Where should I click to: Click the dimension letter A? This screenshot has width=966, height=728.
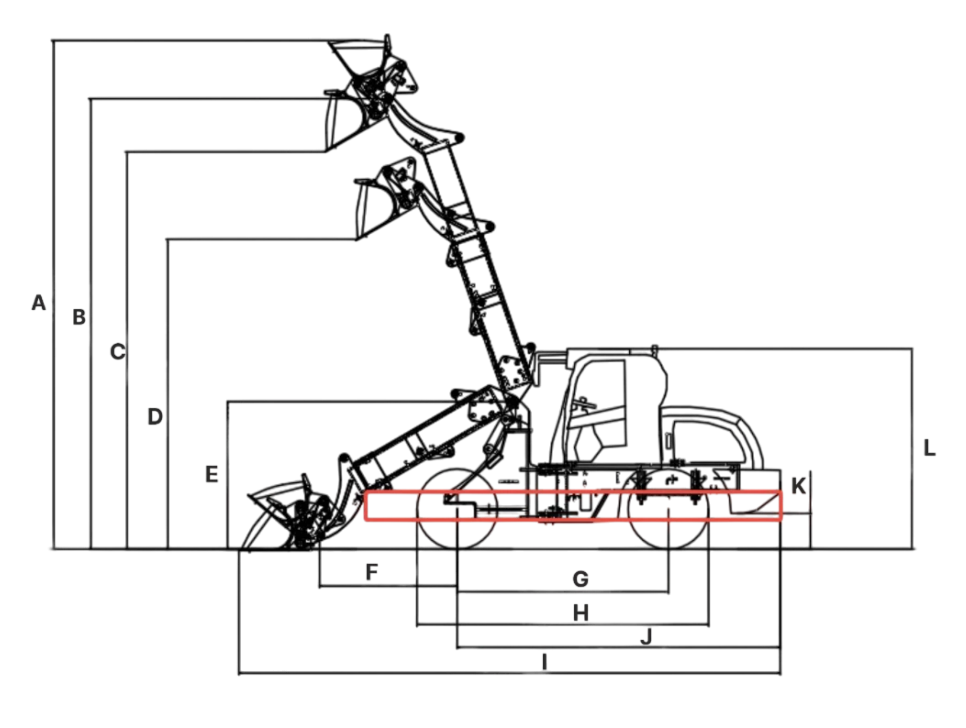tap(38, 303)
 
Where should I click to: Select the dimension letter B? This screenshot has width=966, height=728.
tap(79, 317)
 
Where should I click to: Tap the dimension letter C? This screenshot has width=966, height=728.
tap(117, 352)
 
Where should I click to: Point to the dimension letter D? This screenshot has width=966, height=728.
tap(155, 417)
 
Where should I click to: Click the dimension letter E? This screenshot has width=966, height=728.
tap(212, 474)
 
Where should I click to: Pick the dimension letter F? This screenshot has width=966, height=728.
tap(372, 572)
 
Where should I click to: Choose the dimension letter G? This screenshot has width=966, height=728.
tap(580, 580)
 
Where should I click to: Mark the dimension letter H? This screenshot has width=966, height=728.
tap(580, 613)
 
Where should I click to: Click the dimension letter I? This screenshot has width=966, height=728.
tap(544, 662)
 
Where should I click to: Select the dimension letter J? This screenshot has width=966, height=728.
tap(646, 637)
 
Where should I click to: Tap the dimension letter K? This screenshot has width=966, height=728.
tap(799, 486)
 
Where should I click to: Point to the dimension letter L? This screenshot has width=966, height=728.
tap(930, 448)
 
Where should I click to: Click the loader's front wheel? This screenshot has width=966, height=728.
tap(457, 508)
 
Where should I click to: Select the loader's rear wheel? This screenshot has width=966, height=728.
tap(668, 509)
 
